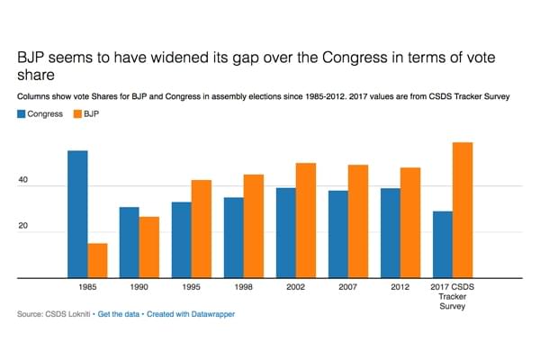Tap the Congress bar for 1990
[x=130, y=243]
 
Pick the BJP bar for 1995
[x=201, y=229]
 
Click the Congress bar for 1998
[x=233, y=238]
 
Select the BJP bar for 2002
[x=305, y=220]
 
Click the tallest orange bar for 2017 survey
[x=462, y=211]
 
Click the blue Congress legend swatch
[x=22, y=114]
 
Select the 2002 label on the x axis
[x=295, y=289]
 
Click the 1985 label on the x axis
[x=87, y=289]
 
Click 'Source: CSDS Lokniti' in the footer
[x=53, y=315]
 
